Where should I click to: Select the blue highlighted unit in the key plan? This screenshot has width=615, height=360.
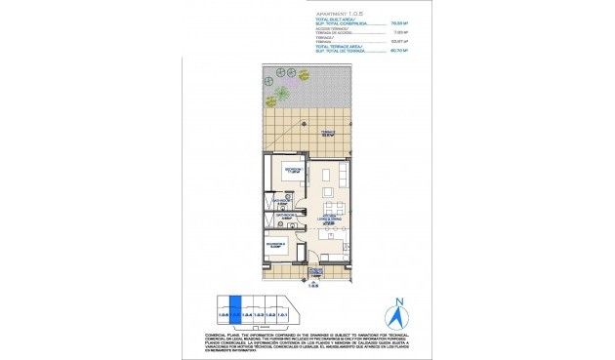[x=234, y=311]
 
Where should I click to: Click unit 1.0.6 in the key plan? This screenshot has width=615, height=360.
[x=224, y=312]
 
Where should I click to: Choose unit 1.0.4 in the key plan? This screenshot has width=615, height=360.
[x=247, y=313]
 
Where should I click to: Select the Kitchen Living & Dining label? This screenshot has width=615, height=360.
[x=328, y=220]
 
